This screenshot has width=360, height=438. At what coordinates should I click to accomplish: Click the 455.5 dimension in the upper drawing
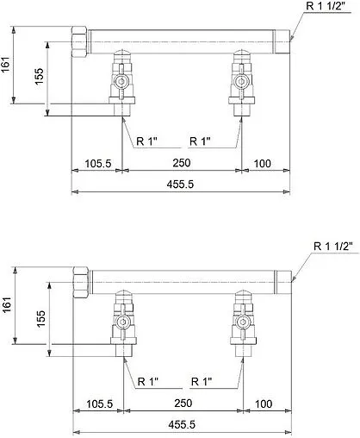coord(184,183)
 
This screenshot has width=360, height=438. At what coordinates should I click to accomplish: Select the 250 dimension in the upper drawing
coord(183,162)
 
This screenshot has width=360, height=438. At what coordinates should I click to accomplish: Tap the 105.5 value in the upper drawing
coord(98,162)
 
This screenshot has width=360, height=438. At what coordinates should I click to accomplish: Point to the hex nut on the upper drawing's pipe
coord(80,41)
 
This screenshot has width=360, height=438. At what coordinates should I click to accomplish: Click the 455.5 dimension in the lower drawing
coord(184,424)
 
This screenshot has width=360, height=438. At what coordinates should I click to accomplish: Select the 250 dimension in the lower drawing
coord(183,403)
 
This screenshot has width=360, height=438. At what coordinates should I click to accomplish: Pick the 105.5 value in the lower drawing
coord(98,403)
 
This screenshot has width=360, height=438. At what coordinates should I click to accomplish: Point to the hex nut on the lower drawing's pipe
coord(80,282)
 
